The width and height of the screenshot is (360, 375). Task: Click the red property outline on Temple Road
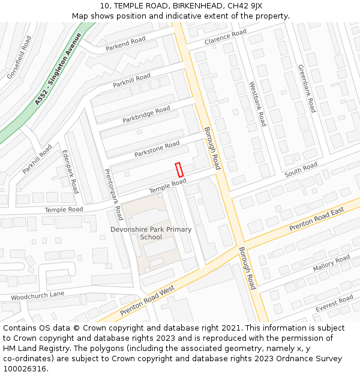coord(179,170)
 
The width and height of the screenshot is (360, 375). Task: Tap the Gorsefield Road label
coord(19,58)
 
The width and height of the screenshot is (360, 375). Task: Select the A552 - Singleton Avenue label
coord(58,69)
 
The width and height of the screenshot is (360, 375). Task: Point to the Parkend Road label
coord(125,44)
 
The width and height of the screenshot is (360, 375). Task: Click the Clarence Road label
coord(225,37)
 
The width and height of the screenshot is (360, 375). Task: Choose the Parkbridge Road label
coord(146,115)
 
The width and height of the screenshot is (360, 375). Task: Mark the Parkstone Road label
coord(157,149)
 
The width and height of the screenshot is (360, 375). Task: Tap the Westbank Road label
coord(257,104)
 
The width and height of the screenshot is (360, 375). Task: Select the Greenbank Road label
coord(307,88)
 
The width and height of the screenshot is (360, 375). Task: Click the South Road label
coord(301,170)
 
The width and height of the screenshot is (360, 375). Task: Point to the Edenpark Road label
coord(70,171)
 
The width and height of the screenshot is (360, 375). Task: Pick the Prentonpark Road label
coord(114,194)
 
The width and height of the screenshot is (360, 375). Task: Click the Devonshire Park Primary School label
coord(151,233)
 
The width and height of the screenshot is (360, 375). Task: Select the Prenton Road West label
coord(147,301)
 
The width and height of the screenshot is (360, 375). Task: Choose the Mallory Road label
coord(331,263)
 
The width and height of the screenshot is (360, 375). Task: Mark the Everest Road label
coord(334,304)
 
